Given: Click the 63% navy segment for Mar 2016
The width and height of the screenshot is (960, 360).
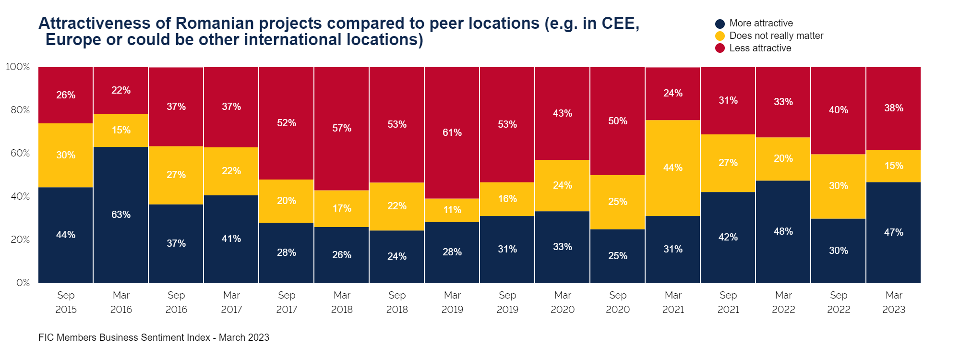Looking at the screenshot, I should pos(121,215).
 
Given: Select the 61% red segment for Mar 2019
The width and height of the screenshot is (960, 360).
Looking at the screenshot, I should pos(452,132).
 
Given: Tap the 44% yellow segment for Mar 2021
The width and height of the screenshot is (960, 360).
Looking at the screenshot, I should pos(673,168).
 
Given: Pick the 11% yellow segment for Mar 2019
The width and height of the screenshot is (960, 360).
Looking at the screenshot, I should pos(452,210).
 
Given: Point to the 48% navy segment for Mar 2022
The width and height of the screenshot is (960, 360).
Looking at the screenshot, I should pos(783,231).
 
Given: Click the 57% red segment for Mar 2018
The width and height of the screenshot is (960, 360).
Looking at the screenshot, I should pos(342,128).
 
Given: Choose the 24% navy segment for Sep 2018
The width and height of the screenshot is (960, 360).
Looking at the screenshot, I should pos(397,256).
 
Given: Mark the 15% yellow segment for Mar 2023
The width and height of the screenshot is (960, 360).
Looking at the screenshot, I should pos(894,166).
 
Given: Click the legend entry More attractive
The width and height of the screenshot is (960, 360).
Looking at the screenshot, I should pos(761,24).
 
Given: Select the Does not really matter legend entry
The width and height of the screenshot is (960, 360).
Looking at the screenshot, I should pos(776,36).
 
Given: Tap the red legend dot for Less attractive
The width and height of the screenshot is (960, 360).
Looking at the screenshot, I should pos(720,48).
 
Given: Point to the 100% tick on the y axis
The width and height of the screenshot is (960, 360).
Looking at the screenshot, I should pos(18,67).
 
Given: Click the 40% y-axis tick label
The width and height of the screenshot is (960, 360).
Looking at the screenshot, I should pos(20,196).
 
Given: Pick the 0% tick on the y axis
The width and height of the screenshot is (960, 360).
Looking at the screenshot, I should pos(23,283).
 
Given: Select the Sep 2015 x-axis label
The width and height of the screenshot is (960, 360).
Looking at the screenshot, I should pos(66,302).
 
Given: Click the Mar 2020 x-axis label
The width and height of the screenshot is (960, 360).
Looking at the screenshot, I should pos(563,302).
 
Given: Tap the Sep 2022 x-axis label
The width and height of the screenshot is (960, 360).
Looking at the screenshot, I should pos(839,302).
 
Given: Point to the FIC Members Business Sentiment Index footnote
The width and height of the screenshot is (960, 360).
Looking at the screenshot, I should pos(154,337).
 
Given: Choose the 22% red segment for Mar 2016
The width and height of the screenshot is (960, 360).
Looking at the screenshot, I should pos(121,90).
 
